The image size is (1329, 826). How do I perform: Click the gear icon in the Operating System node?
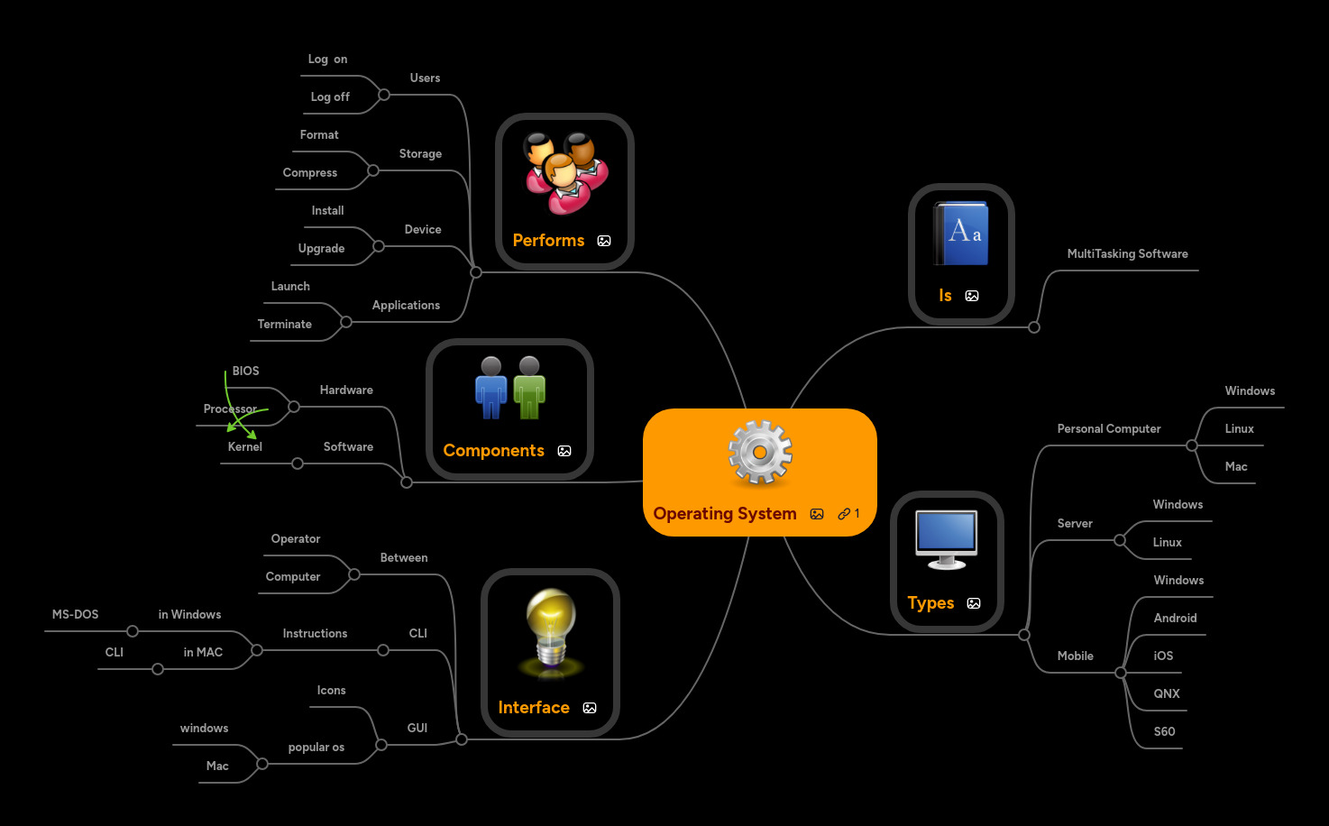pyautogui.click(x=760, y=453)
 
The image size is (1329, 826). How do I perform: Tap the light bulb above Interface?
pyautogui.click(x=551, y=630)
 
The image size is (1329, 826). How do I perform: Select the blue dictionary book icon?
pyautogui.click(x=961, y=234)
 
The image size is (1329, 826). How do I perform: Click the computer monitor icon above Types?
pyautogui.click(x=946, y=538)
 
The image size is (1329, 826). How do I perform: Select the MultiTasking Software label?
pyautogui.click(x=1127, y=254)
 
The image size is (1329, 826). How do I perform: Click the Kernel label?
pyautogui.click(x=245, y=447)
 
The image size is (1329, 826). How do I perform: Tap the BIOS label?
pyautogui.click(x=245, y=372)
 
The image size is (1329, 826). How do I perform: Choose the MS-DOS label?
pyautogui.click(x=75, y=615)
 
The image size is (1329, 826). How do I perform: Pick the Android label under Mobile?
pyautogui.click(x=1175, y=619)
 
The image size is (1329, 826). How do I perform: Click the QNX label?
pyautogui.click(x=1167, y=694)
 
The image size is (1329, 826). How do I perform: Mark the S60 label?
pyautogui.click(x=1164, y=732)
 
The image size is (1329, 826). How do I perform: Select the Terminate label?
pyautogui.click(x=284, y=325)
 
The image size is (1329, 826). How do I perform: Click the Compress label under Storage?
pyautogui.click(x=309, y=173)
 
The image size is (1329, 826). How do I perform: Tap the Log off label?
pyautogui.click(x=330, y=97)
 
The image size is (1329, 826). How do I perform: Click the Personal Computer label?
pyautogui.click(x=1108, y=429)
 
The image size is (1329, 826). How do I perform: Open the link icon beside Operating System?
pyautogui.click(x=844, y=514)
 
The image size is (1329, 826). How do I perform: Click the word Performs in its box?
pyautogui.click(x=548, y=241)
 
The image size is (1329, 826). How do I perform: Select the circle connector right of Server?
pyautogui.click(x=1120, y=540)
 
